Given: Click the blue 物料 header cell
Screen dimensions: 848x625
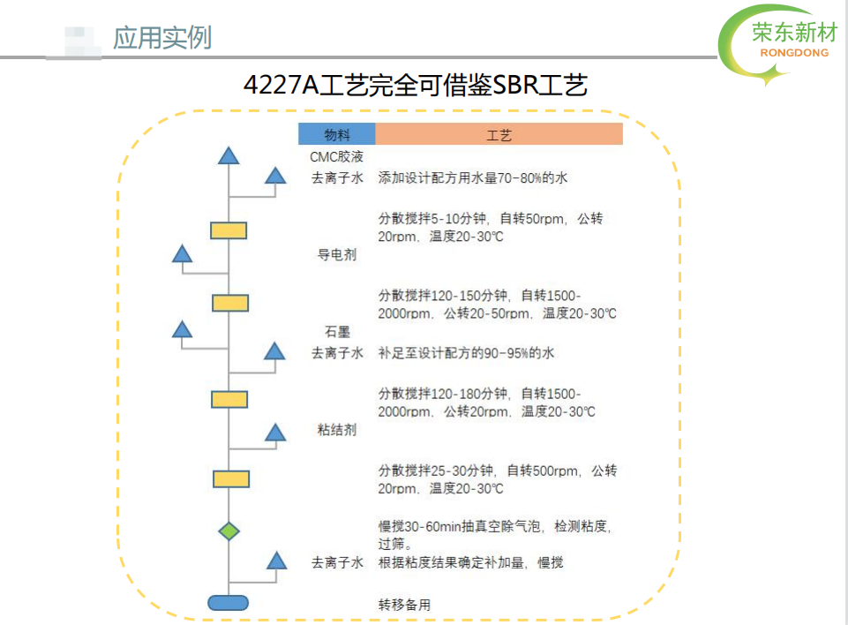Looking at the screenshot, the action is tap(337, 133).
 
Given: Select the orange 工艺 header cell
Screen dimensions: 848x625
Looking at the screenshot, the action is tap(499, 133).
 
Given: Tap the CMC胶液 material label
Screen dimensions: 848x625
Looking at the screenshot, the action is tap(336, 157).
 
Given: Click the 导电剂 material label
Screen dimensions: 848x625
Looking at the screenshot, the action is tap(336, 254).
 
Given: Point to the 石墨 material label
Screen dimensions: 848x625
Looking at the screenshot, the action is tap(337, 332).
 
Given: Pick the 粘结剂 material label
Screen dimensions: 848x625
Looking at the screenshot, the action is tap(336, 430).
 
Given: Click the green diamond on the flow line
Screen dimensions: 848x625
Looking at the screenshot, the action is tap(229, 531).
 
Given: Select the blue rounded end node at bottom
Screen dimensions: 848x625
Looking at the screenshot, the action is tap(229, 602).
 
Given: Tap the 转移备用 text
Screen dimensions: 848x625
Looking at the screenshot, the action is tap(404, 605).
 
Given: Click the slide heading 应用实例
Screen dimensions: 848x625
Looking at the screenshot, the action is tap(161, 38).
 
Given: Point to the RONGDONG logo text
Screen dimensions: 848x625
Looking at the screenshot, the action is tap(794, 52).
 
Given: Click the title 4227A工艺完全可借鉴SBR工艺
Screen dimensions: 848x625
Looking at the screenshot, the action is tap(416, 85).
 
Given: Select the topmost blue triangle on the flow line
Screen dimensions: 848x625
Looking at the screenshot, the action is tap(229, 155).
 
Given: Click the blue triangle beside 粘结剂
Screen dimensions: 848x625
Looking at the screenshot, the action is tap(275, 433).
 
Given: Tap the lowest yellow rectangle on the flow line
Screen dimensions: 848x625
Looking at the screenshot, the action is tap(231, 478).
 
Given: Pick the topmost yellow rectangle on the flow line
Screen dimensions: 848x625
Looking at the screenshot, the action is tap(229, 230).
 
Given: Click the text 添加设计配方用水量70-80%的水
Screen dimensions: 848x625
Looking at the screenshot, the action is tap(473, 177).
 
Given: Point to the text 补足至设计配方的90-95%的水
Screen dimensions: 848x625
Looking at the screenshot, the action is tap(466, 353).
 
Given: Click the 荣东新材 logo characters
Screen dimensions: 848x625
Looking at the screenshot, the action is tap(794, 33).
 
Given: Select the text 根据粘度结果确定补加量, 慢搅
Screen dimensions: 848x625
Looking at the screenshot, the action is tap(470, 563).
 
